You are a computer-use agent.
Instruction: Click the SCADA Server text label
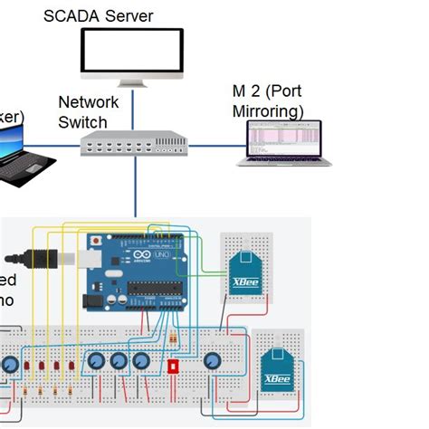point(99,16)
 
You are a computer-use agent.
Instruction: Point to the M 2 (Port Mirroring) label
point(267,101)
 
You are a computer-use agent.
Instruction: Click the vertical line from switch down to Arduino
point(135,186)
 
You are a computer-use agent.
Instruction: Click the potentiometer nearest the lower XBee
point(214,361)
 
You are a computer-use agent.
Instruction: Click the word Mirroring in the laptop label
point(268,112)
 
